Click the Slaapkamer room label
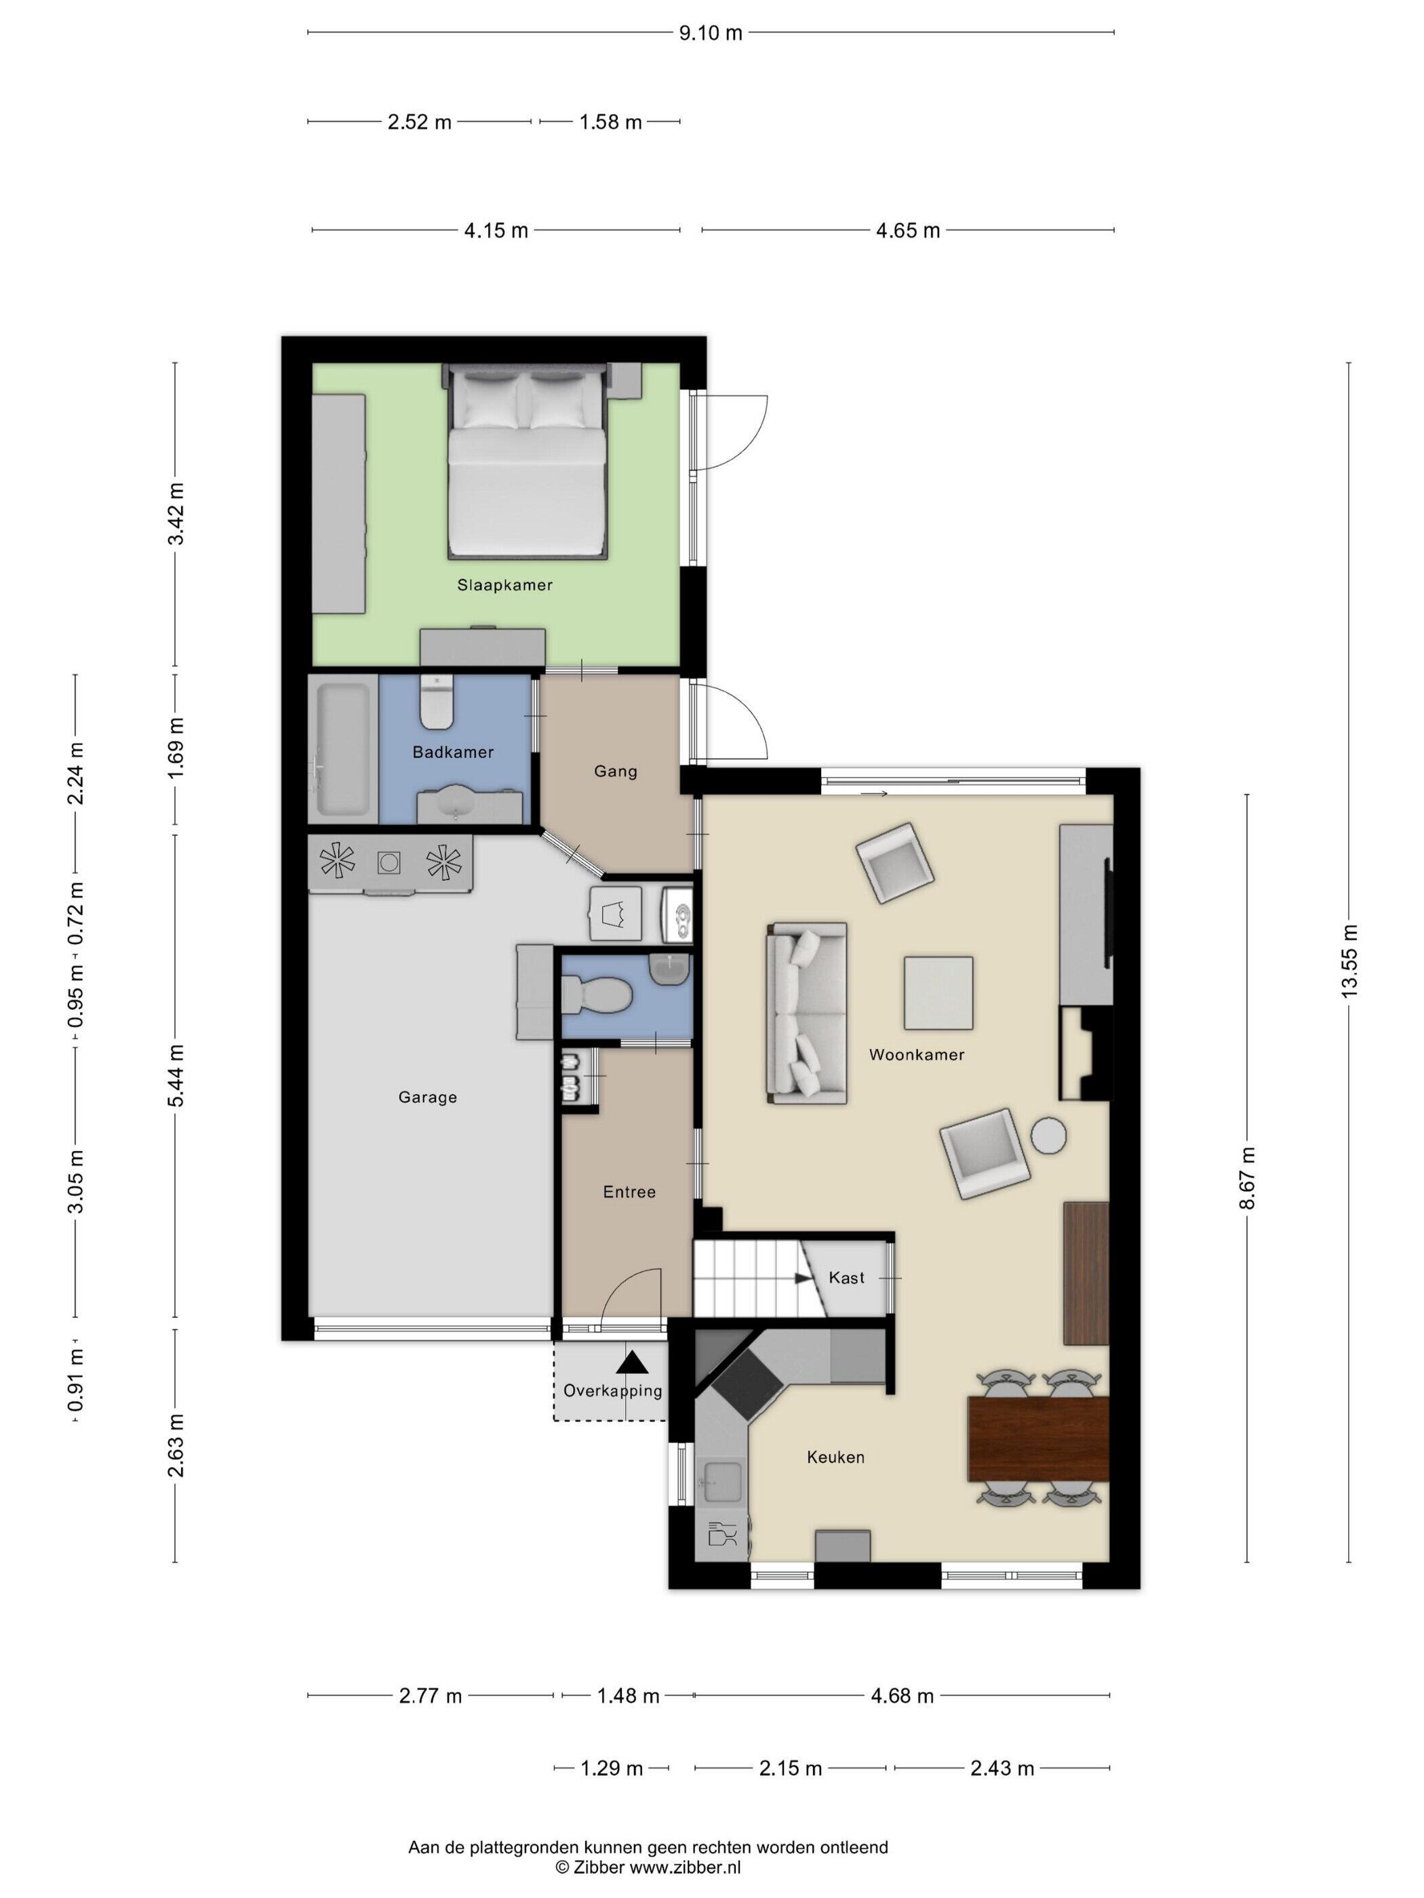504,585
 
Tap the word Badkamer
452,752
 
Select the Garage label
427,1097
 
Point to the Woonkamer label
916,1055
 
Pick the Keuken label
835,1457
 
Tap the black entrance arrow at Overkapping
633,1362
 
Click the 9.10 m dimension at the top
710,33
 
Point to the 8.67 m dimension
1247,1178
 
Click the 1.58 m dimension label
610,122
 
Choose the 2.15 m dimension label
791,1769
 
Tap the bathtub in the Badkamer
342,749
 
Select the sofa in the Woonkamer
806,1013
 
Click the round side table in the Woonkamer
1048,1135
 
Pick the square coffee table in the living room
938,993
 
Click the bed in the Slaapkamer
528,462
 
